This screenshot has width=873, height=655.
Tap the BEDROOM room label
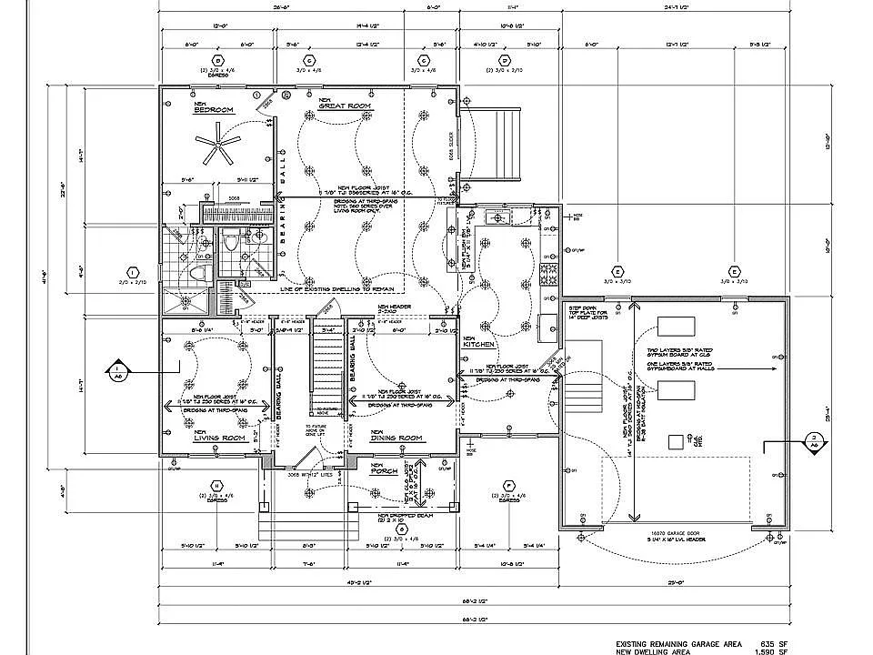[214, 108]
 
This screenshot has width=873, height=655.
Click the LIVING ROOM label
[220, 438]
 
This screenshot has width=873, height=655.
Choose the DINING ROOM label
[396, 438]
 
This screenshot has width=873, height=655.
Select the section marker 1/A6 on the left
[117, 370]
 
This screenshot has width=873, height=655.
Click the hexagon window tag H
[216, 485]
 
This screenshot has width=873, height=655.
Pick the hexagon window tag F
[508, 485]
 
